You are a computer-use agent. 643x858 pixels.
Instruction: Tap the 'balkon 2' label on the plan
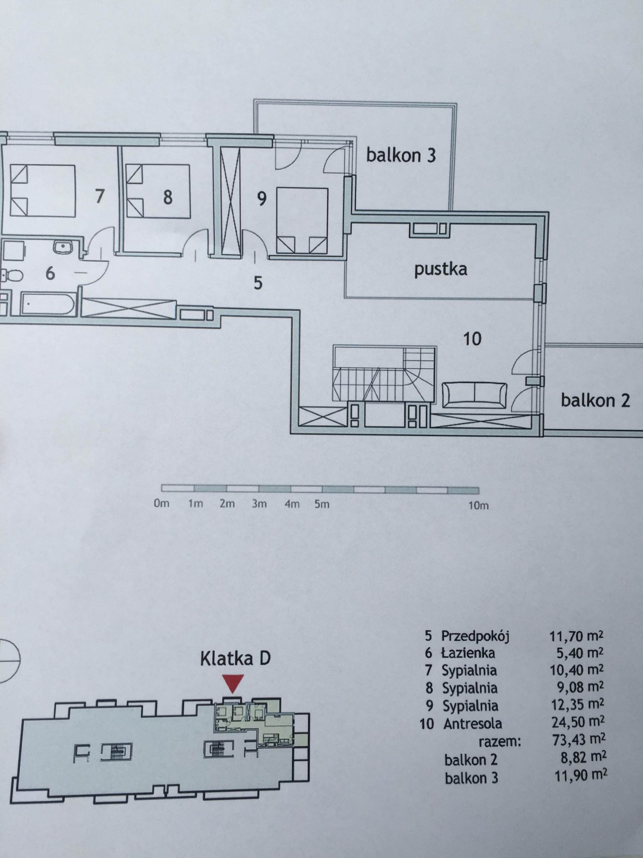tap(595, 401)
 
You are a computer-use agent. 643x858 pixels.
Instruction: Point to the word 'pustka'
tap(441, 269)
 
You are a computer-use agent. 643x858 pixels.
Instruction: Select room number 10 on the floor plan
tap(472, 339)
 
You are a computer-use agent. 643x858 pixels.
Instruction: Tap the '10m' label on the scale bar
tap(478, 505)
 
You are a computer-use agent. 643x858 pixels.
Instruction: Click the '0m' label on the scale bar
tap(161, 503)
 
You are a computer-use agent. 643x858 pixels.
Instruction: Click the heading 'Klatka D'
tap(235, 658)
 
